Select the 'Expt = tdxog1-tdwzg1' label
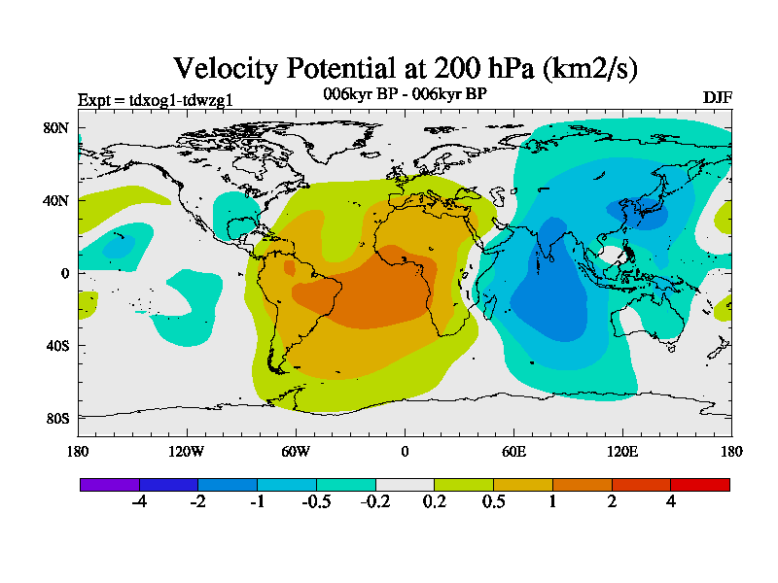[x=155, y=99]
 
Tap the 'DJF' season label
[x=717, y=98]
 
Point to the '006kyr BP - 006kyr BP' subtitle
[x=405, y=93]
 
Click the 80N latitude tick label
[x=56, y=127]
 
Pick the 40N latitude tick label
[x=56, y=200]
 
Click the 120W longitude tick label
[x=187, y=451]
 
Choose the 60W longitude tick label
[x=296, y=451]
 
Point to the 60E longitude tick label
[x=514, y=451]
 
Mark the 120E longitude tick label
[x=623, y=451]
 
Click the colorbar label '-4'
[x=139, y=502]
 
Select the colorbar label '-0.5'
[x=316, y=502]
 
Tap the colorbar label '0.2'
[x=435, y=502]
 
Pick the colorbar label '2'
[x=612, y=502]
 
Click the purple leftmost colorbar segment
[x=110, y=484]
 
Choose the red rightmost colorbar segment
[x=700, y=484]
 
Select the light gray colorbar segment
[x=405, y=484]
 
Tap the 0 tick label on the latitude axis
[x=64, y=273]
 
